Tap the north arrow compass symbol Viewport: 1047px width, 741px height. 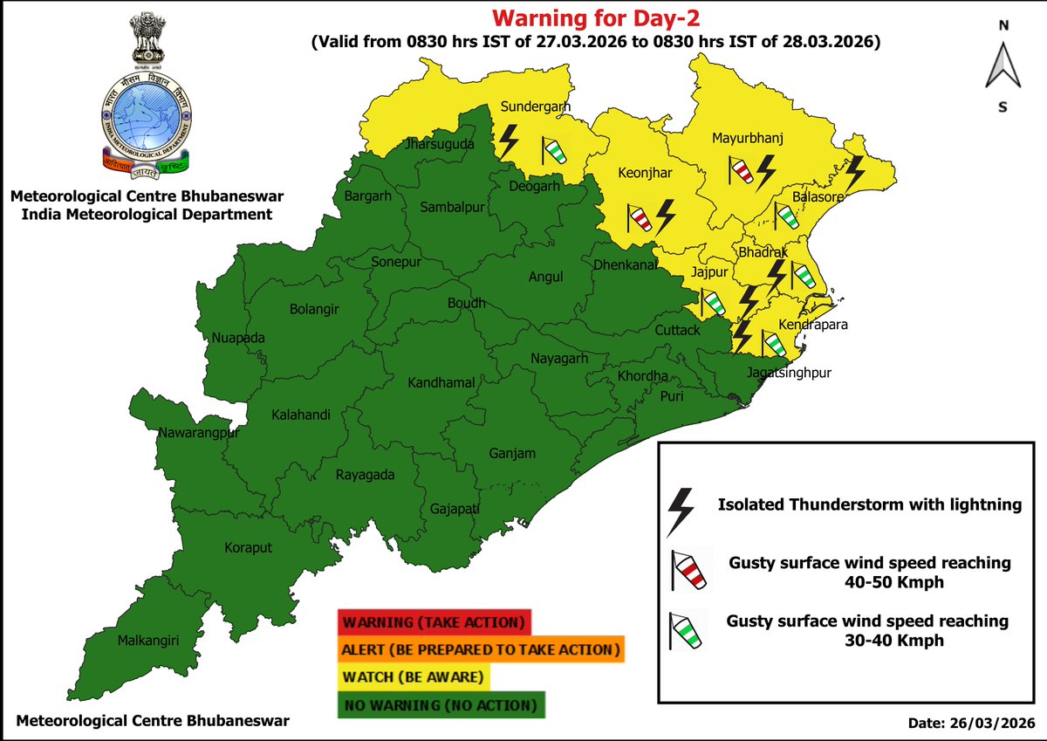(x=1003, y=65)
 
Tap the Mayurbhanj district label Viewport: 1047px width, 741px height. (x=748, y=138)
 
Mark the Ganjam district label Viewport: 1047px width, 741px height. (x=512, y=453)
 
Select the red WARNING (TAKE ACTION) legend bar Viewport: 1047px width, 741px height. (x=433, y=623)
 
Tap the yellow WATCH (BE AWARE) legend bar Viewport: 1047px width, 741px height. (x=414, y=676)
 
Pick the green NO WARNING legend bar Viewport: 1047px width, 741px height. (x=440, y=703)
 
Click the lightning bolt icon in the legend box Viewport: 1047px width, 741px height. (x=681, y=511)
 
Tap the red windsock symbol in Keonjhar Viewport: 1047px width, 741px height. (x=639, y=218)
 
